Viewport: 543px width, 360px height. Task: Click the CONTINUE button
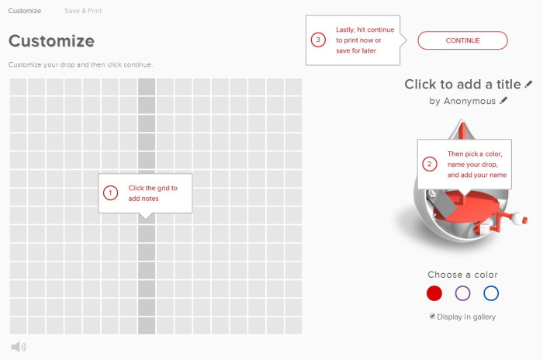pos(462,40)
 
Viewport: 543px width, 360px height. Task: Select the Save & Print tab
pos(83,11)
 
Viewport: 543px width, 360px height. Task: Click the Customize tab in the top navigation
pos(25,11)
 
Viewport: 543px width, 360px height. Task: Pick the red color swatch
pos(434,293)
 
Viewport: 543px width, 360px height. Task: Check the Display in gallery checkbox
pos(432,316)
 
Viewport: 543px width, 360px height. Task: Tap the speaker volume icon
pos(19,347)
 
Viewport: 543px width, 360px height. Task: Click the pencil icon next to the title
pos(528,84)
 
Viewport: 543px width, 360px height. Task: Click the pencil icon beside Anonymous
pos(503,101)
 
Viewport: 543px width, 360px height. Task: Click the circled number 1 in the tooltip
pos(110,192)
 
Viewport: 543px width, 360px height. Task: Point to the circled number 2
pos(430,164)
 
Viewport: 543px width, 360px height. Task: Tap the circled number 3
pos(318,40)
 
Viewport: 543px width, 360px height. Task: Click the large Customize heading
pos(52,41)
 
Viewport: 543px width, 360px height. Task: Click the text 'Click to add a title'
pos(462,85)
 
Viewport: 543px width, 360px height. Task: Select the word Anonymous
pos(469,101)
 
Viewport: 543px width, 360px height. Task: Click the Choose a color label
pos(462,275)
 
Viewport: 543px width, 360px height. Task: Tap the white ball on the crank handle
pos(517,217)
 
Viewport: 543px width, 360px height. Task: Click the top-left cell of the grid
pos(18,87)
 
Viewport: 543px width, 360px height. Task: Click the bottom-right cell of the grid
pos(293,326)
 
